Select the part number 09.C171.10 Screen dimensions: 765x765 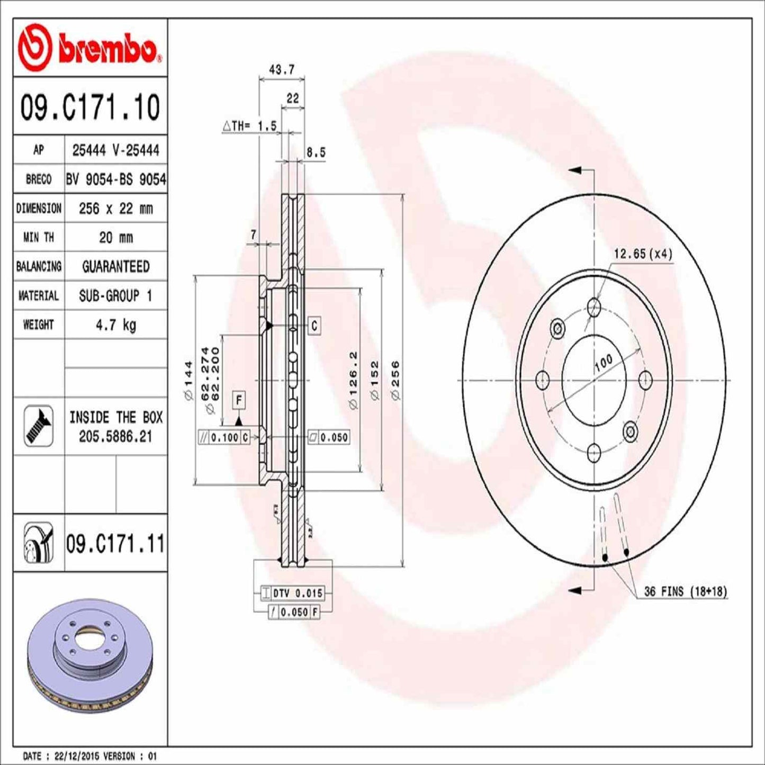tap(90, 107)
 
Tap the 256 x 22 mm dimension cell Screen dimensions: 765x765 tap(116, 209)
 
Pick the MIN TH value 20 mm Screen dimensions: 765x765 tap(116, 237)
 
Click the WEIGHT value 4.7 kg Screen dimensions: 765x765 tap(116, 325)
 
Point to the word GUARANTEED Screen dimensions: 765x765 tap(116, 266)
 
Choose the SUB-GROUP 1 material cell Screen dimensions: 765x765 tap(116, 295)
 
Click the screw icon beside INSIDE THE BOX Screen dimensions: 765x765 tap(39, 426)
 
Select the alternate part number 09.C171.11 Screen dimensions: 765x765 tap(115, 544)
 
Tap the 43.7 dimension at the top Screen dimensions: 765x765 tap(282, 69)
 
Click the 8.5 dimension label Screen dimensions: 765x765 tap(316, 152)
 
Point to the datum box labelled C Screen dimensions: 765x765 tap(314, 326)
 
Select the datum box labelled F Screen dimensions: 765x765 tap(239, 400)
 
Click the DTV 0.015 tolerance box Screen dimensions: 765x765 tap(293, 593)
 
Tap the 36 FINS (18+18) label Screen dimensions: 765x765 tap(686, 591)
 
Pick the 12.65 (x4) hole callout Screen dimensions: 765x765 tap(643, 254)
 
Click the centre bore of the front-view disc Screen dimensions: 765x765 tap(593, 380)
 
